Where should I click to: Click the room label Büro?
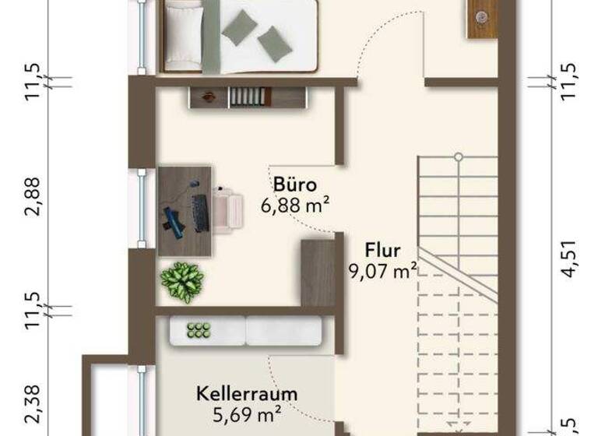pos(294,185)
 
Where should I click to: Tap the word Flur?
pos(382,251)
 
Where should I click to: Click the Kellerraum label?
pos(247,394)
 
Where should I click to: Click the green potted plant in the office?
pos(181,280)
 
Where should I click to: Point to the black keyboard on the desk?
pos(200,213)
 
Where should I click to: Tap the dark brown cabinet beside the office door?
pos(318,273)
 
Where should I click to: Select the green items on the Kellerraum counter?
pos(199,330)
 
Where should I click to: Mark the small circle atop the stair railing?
pos(459,157)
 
